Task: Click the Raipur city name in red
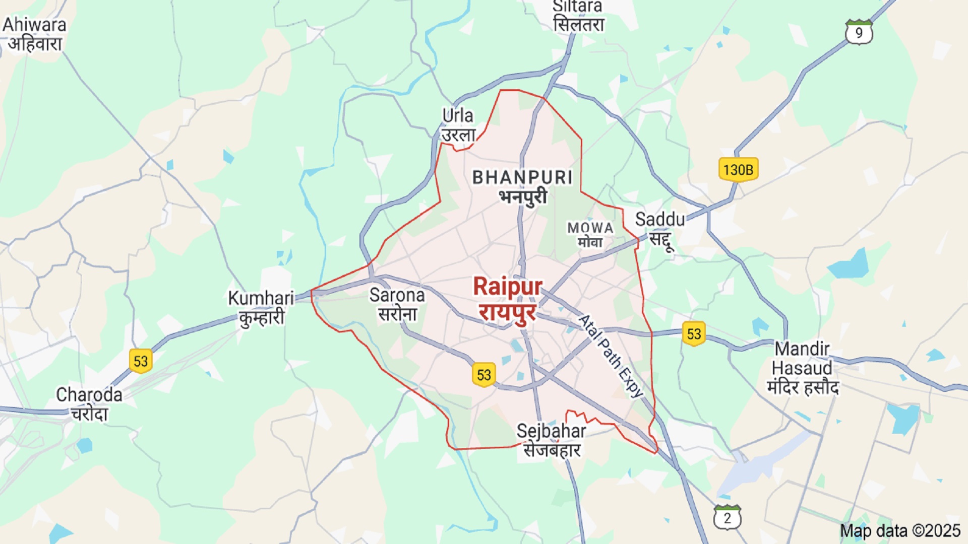point(507,299)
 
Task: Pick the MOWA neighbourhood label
point(590,235)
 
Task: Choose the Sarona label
point(397,304)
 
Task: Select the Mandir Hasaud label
point(803,368)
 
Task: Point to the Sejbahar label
point(552,440)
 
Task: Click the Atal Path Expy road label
point(611,356)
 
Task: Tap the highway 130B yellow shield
point(738,169)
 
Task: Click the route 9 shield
point(859,32)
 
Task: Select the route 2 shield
point(727,517)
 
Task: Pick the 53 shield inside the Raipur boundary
point(483,375)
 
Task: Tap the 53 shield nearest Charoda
point(141,361)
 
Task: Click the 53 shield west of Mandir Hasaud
point(694,333)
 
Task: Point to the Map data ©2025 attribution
point(900,530)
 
